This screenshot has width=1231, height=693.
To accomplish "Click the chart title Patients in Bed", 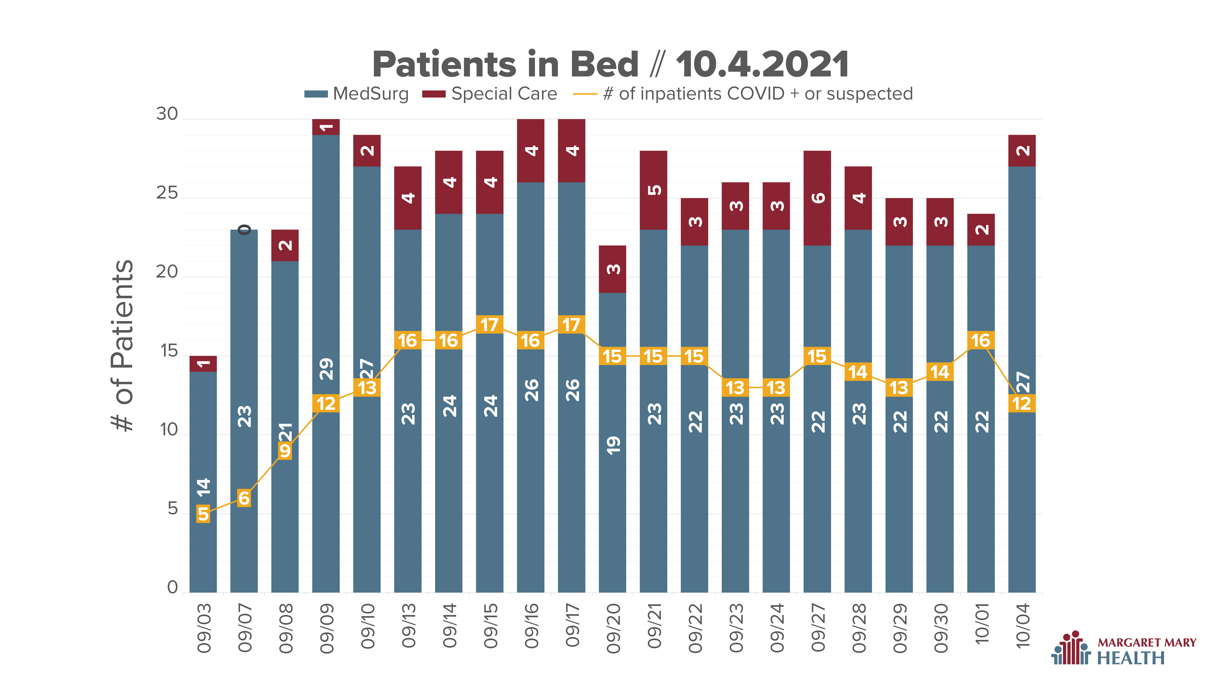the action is [x=505, y=65].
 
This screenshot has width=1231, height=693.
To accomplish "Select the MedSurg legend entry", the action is [x=356, y=94].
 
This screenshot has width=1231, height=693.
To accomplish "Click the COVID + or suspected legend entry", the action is [x=743, y=94].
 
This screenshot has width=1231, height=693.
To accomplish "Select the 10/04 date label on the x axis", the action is [x=1022, y=626].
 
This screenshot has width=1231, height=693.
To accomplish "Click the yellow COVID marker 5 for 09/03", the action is [x=203, y=514].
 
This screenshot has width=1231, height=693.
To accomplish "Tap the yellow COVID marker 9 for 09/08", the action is [x=285, y=451].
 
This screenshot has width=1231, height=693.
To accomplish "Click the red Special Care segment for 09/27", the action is [x=817, y=198].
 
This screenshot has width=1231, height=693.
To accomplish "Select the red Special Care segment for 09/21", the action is [x=653, y=190].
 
